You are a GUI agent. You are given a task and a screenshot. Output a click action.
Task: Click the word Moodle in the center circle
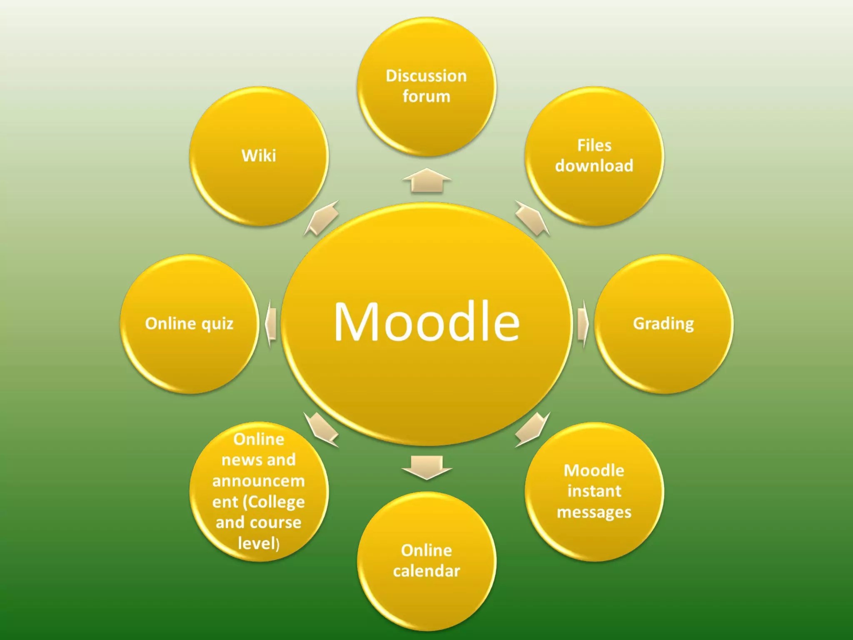426,322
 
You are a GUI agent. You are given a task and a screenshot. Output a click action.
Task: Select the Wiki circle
259,156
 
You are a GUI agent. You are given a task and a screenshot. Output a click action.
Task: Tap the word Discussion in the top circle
426,76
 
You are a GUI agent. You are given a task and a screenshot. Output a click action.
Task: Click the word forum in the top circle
426,97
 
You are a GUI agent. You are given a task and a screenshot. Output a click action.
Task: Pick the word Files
594,145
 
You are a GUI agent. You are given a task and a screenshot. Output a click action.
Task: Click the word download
594,166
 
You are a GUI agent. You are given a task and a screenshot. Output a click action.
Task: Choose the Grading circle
663,324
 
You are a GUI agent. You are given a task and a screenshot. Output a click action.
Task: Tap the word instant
594,491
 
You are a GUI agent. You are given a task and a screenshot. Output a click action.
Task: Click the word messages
594,512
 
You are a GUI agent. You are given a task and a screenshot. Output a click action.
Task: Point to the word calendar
426,571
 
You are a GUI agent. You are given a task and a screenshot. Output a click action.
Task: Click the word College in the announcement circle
277,502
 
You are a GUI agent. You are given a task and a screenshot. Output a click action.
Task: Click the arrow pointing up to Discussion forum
426,181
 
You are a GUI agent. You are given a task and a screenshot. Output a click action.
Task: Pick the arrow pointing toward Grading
582,324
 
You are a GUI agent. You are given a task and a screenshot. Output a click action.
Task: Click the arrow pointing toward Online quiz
271,324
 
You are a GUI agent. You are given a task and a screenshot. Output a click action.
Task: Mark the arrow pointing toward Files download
532,217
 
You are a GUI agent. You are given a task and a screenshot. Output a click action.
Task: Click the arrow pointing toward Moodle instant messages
532,429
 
